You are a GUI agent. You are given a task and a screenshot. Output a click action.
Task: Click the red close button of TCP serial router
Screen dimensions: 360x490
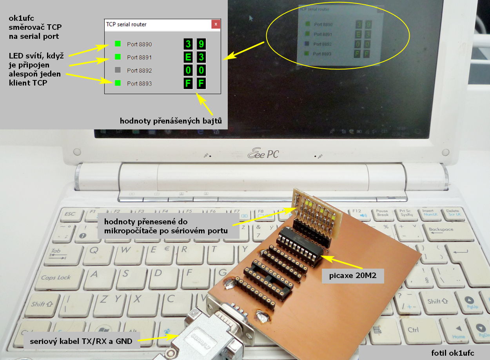point(216,24)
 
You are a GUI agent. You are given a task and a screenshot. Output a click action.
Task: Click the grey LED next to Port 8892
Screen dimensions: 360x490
point(118,71)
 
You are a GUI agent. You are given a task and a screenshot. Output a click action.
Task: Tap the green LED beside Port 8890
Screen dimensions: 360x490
point(118,44)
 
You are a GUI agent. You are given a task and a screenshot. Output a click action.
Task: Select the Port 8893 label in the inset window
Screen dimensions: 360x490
point(139,84)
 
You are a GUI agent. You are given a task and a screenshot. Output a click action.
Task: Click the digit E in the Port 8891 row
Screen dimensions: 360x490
point(188,57)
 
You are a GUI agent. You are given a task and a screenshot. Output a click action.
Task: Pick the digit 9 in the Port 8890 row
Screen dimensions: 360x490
point(201,44)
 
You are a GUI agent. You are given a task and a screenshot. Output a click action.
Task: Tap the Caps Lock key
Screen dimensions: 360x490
point(56,277)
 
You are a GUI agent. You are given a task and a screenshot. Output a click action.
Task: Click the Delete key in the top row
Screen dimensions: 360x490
point(453,213)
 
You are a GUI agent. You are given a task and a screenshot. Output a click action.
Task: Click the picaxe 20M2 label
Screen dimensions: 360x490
point(352,276)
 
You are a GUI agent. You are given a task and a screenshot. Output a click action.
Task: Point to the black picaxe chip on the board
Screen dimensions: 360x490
point(300,243)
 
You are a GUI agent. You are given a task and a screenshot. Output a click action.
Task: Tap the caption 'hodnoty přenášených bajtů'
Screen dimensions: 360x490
point(171,121)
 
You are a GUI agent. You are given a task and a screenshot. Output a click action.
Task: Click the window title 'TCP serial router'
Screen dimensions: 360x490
point(126,24)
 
